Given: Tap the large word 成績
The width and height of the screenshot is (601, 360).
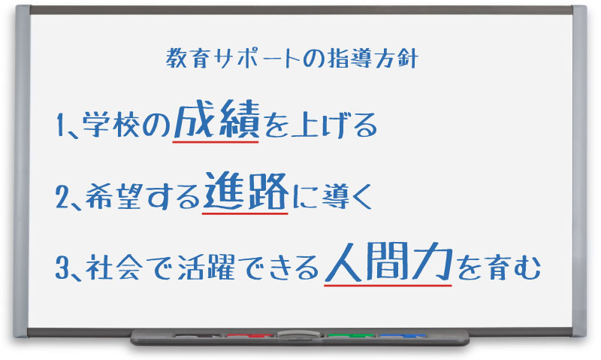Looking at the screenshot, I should point(216,122).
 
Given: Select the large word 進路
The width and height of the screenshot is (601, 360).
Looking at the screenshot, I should point(245,195).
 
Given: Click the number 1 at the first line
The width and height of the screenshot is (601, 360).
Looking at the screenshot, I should point(62,126).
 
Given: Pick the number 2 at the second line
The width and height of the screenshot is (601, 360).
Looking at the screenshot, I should point(63,197).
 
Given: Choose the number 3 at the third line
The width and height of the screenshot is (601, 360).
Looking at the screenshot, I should point(63,268).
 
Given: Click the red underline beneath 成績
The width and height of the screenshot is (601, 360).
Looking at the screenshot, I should point(216,141).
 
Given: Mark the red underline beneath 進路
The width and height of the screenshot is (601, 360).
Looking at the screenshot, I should point(245,213).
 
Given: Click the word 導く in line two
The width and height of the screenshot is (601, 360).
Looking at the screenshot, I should point(346,197).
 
